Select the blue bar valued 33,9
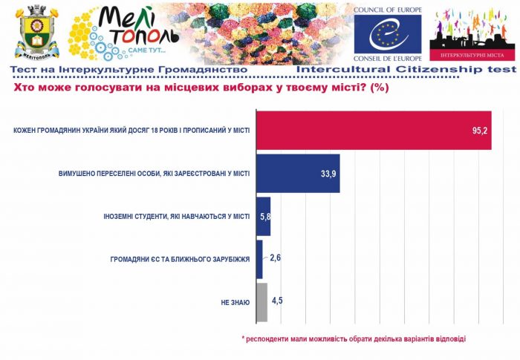297,174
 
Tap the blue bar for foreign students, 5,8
262,216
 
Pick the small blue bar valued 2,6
259,259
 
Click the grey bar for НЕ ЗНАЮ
261,301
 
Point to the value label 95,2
479,131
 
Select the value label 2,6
274,258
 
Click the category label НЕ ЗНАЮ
235,302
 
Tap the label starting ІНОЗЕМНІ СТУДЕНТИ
176,217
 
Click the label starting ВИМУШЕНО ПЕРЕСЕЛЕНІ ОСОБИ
155,174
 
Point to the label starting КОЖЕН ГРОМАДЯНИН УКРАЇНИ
131,131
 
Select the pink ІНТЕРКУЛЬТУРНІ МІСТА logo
472,34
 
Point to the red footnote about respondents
354,338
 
